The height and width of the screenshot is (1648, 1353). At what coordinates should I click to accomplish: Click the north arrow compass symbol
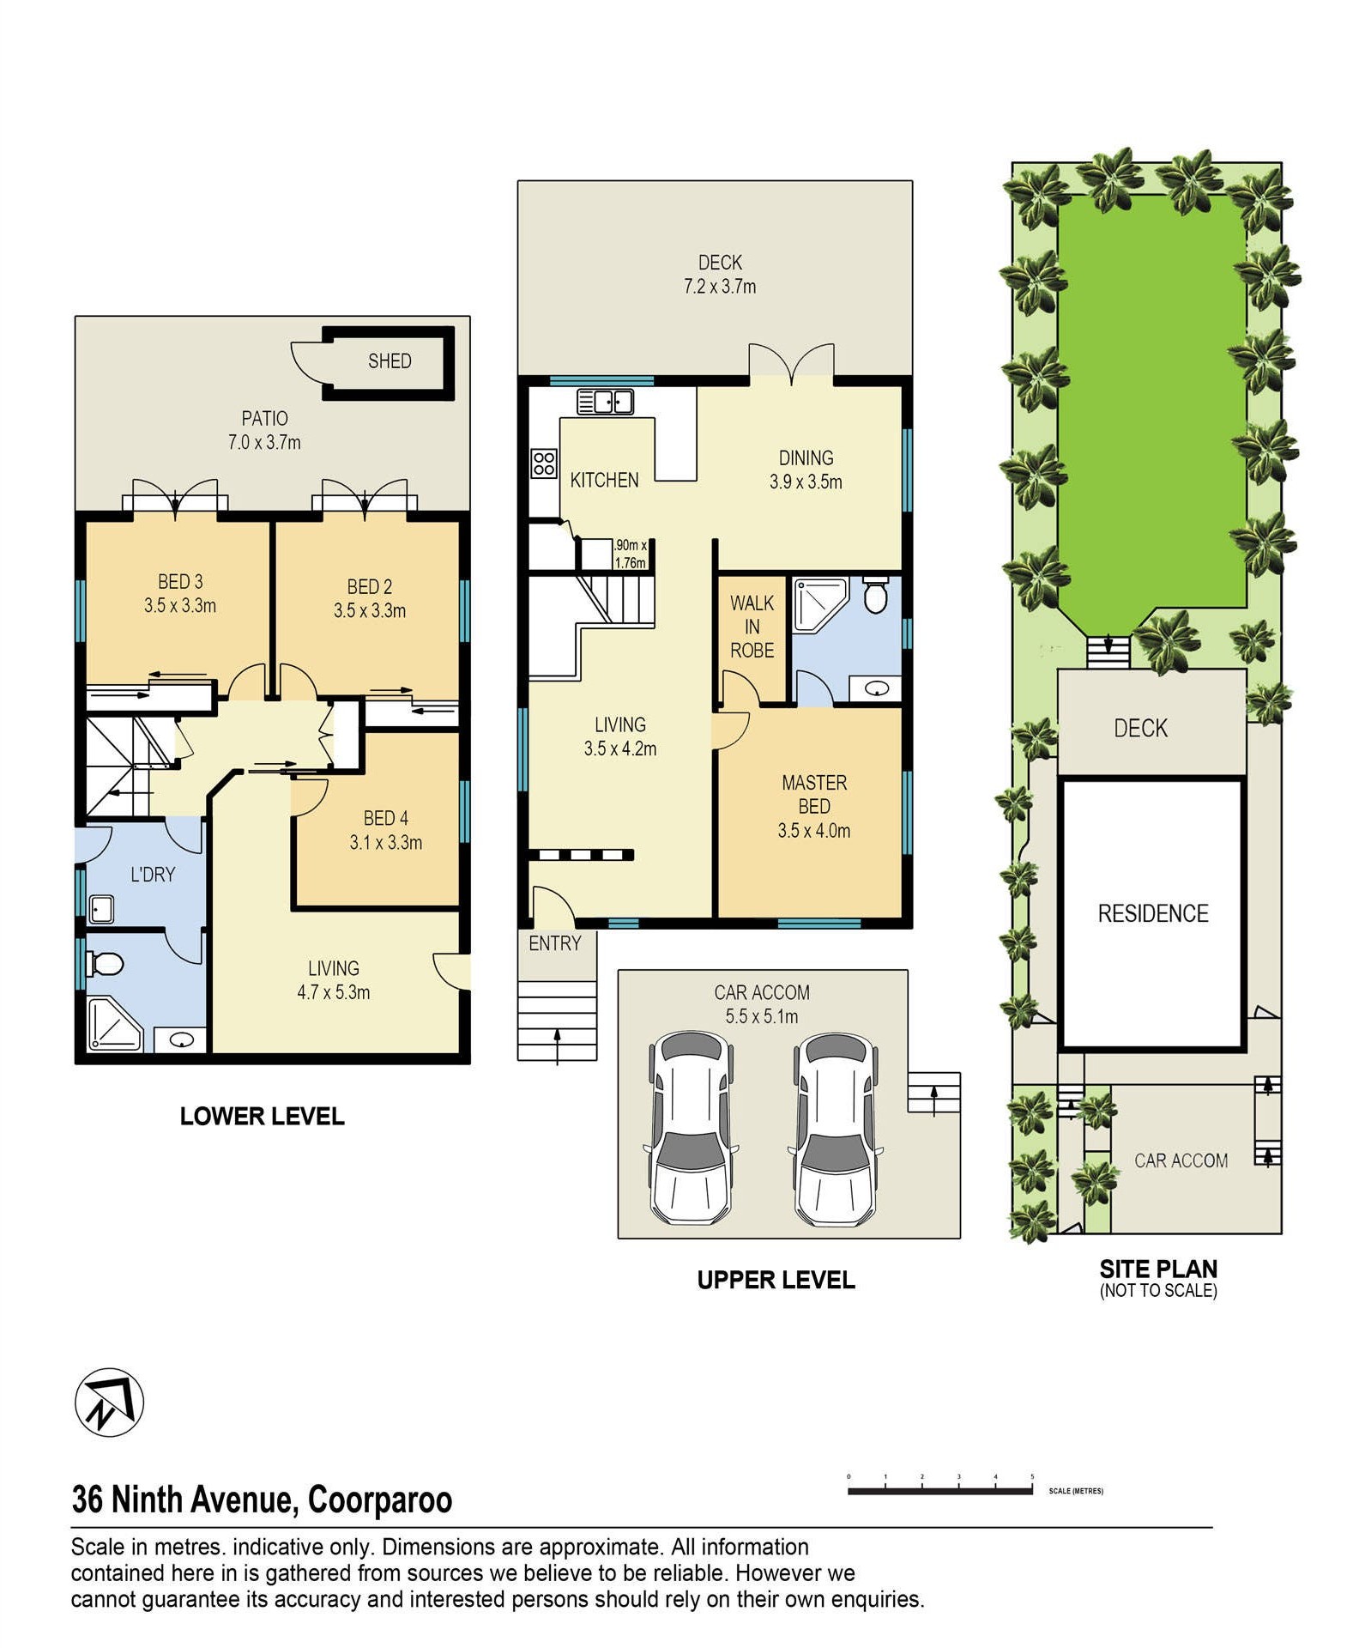[109, 1402]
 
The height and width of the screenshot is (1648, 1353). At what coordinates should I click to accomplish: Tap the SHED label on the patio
[390, 361]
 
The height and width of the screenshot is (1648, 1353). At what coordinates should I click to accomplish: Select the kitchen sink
[605, 402]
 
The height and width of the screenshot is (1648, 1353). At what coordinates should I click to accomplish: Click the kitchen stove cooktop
[544, 463]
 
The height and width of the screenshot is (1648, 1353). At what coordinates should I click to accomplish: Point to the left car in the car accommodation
[691, 1130]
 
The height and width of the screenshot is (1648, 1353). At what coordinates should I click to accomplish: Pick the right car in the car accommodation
[834, 1130]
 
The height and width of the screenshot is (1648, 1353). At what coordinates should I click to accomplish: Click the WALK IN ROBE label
[752, 627]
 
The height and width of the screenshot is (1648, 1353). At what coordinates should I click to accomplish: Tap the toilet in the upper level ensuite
[875, 594]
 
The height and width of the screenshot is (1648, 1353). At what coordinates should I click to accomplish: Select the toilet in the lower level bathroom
[105, 965]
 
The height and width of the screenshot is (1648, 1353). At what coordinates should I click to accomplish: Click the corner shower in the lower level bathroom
[114, 1023]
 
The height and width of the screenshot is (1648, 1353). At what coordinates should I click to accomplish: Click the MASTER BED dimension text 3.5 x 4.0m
[814, 831]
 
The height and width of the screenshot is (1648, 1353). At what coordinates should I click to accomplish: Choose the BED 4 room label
[386, 818]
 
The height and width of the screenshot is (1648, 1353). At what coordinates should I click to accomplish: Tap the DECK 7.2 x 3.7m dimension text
[720, 287]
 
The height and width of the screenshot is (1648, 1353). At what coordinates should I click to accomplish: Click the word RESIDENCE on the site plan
[1153, 913]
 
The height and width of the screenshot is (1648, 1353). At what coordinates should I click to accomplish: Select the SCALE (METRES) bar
[940, 1491]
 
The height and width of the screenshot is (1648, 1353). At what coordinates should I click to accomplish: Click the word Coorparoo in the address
[380, 1500]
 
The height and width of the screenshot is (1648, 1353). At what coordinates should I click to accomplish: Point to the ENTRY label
[555, 943]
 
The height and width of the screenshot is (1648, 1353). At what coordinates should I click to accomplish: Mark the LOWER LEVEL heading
[263, 1116]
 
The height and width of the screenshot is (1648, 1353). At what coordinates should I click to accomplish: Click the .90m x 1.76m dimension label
[630, 554]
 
